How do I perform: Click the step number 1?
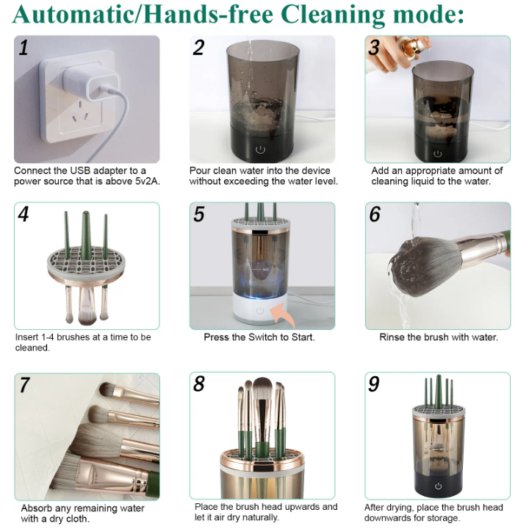pyautogui.click(x=24, y=48)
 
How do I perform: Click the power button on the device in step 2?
pyautogui.click(x=259, y=149)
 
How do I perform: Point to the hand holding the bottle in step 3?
pyautogui.click(x=394, y=58)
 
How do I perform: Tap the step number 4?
pyautogui.click(x=24, y=215)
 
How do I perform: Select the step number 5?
pyautogui.click(x=199, y=215)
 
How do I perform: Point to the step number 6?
pyautogui.click(x=375, y=215)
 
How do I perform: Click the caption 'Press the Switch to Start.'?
pyautogui.click(x=259, y=337)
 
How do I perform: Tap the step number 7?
pyautogui.click(x=24, y=385)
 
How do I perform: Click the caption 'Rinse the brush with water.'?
pyautogui.click(x=438, y=337)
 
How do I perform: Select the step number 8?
pyautogui.click(x=199, y=385)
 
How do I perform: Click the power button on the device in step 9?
pyautogui.click(x=438, y=486)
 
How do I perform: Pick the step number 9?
pyautogui.click(x=374, y=385)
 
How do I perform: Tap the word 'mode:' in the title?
pyautogui.click(x=425, y=14)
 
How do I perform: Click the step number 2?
pyautogui.click(x=199, y=48)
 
